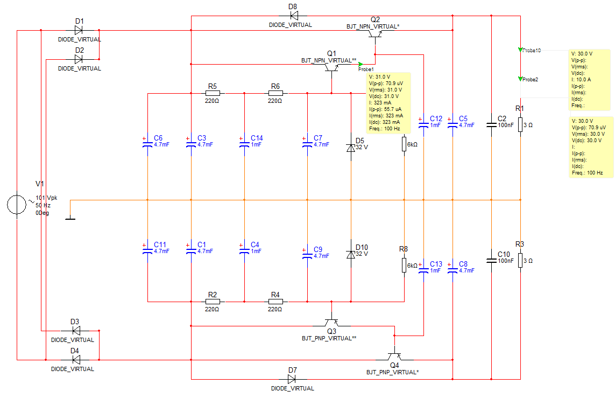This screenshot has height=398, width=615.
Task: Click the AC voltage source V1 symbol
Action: click(x=17, y=205)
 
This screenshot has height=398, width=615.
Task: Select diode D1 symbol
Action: click(x=79, y=30)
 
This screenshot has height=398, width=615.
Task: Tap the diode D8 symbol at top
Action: click(x=293, y=16)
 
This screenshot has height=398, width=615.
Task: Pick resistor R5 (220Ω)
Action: click(x=213, y=93)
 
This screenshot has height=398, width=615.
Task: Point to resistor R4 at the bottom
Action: click(x=275, y=302)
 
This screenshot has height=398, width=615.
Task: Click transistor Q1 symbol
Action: click(x=332, y=67)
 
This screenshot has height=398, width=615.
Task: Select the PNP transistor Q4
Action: click(x=394, y=355)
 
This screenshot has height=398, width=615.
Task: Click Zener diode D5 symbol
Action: click(x=351, y=148)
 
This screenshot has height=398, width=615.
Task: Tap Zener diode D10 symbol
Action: click(x=351, y=254)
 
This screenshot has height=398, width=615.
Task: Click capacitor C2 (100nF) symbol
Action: click(x=491, y=125)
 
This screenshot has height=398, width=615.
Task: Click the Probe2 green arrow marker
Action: click(x=520, y=79)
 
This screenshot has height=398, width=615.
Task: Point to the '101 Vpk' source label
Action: click(x=46, y=198)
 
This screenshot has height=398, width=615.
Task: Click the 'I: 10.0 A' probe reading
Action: click(x=581, y=79)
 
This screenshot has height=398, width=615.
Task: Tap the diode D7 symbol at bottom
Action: click(x=292, y=379)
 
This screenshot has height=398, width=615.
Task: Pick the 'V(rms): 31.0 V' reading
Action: click(x=386, y=90)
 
